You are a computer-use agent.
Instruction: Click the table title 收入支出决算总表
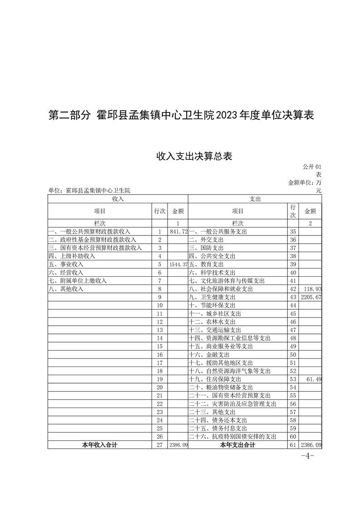[194, 157]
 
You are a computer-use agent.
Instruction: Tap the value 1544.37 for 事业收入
[178, 264]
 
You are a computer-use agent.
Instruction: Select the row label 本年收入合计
[99, 445]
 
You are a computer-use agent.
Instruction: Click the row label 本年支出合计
[237, 445]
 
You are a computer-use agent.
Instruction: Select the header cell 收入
[118, 199]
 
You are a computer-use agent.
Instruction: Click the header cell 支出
[255, 199]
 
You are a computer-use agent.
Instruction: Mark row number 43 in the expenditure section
[293, 297]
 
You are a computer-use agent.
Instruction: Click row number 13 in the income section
[160, 330]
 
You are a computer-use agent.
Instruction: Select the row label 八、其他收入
[66, 289]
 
